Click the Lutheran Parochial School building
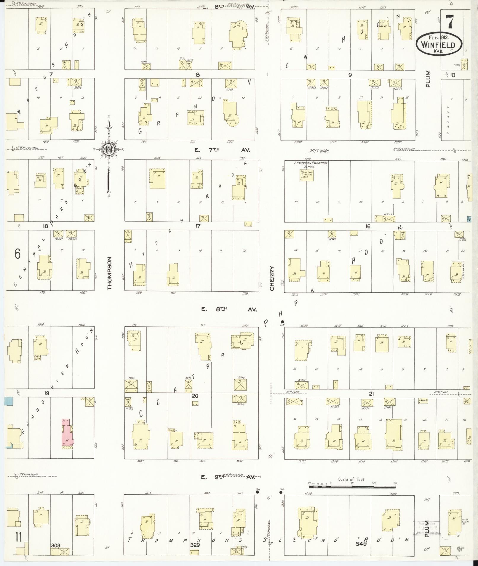[x=306, y=175]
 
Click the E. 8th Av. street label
[x=228, y=309]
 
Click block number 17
[x=198, y=226]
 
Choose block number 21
[x=371, y=394]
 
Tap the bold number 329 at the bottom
[x=195, y=545]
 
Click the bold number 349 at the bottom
[x=361, y=544]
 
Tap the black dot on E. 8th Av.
[x=282, y=322]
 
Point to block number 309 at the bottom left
[x=55, y=545]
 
